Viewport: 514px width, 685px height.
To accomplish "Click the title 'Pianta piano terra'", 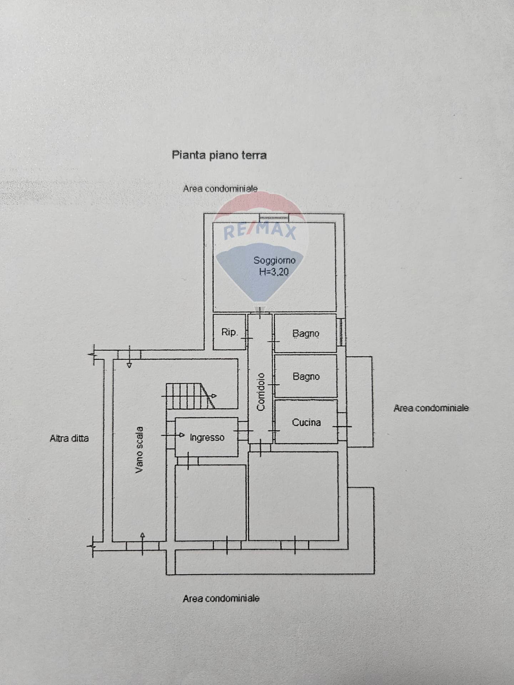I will coord(219,155).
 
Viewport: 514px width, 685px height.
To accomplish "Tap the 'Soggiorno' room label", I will coord(274,260).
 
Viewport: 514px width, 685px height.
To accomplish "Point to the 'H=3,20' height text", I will coord(274,272).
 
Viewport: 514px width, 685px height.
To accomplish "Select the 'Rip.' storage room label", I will coord(229,332).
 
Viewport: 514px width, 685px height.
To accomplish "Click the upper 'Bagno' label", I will coord(306,334).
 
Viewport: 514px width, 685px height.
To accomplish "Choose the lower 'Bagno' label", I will coord(306,376).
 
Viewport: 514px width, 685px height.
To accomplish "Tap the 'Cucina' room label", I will coord(306,422).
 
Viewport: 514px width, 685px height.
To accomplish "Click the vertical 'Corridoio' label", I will coord(261,392).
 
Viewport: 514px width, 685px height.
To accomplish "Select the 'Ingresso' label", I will coord(207,437).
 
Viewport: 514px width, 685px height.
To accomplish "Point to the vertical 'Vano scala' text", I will coord(139,450).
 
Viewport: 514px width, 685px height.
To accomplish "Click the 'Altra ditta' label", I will coord(69,438).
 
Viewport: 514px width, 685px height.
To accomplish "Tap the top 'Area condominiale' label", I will coord(220,189).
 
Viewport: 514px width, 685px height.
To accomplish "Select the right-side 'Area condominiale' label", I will coord(431,408).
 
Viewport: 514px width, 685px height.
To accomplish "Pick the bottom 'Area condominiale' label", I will coord(221,598).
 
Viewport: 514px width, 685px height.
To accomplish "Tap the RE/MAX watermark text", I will coord(260,231).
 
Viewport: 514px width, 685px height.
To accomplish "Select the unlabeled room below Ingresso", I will coord(210,503).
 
